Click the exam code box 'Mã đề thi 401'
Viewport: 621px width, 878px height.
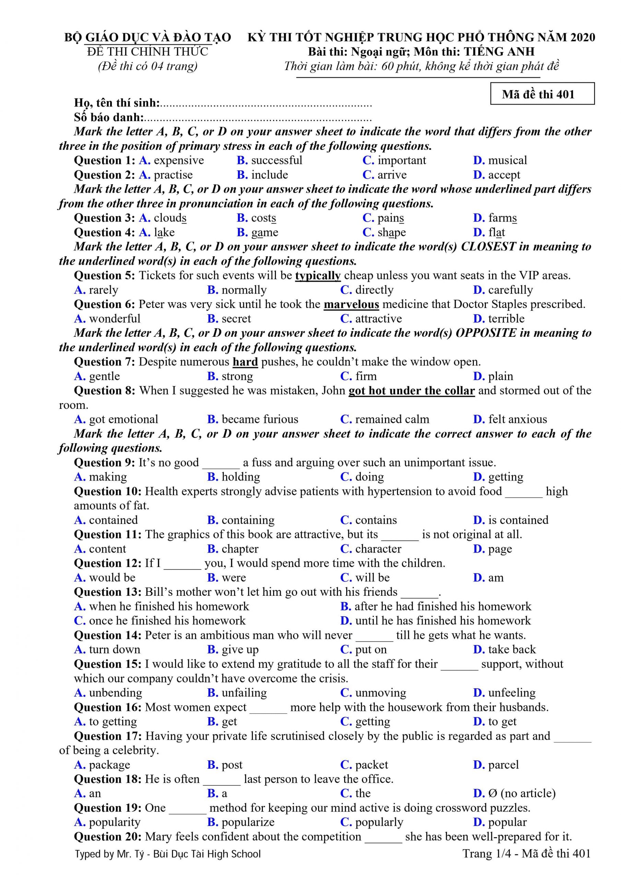[542, 94]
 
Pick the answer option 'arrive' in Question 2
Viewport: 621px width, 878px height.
[392, 175]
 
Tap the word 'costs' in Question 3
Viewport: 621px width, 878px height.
[263, 218]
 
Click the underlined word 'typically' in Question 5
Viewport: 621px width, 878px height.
[318, 276]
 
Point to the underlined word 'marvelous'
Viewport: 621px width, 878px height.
[351, 305]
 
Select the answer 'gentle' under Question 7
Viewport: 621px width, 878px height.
[104, 376]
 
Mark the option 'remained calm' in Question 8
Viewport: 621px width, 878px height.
[392, 419]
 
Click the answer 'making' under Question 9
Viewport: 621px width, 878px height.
[107, 477]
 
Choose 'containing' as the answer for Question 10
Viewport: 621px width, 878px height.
[248, 520]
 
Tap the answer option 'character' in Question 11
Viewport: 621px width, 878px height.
[378, 549]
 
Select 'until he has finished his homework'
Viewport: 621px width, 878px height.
[443, 621]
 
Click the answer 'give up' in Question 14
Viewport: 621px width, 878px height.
[240, 649]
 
